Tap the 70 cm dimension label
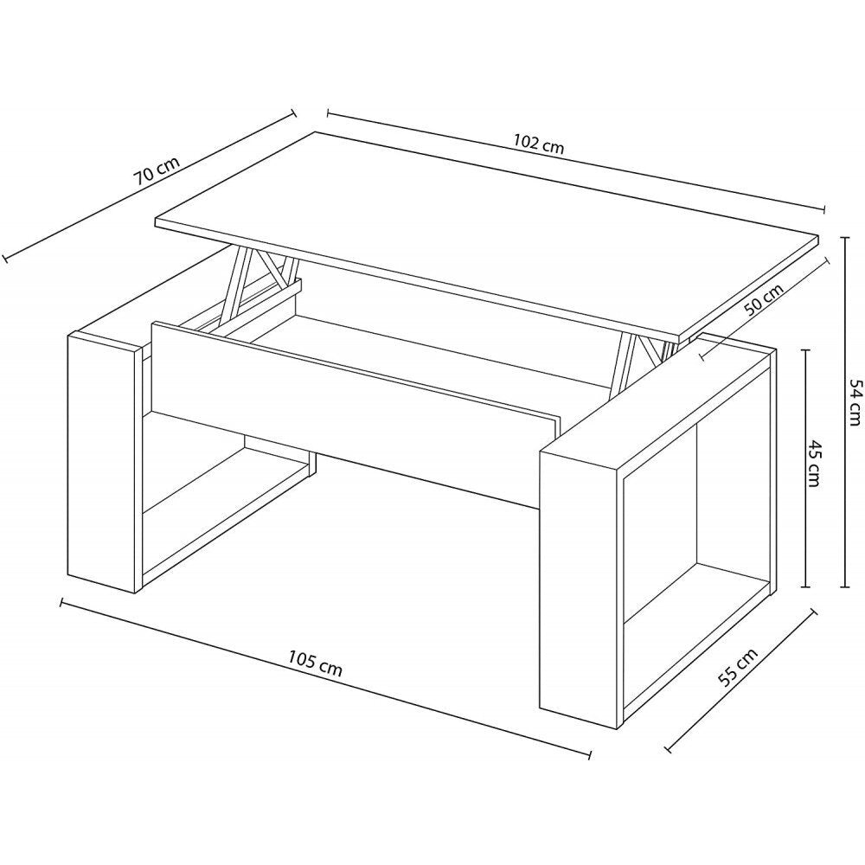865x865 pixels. [156, 170]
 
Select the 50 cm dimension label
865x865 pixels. [763, 300]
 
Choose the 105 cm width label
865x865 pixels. [315, 663]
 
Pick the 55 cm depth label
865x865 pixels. [738, 667]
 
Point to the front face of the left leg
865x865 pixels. [101, 463]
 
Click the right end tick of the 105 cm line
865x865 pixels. [590, 754]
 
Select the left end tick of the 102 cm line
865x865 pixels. [328, 114]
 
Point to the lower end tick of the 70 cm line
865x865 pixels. [5, 258]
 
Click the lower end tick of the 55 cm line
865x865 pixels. [669, 749]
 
